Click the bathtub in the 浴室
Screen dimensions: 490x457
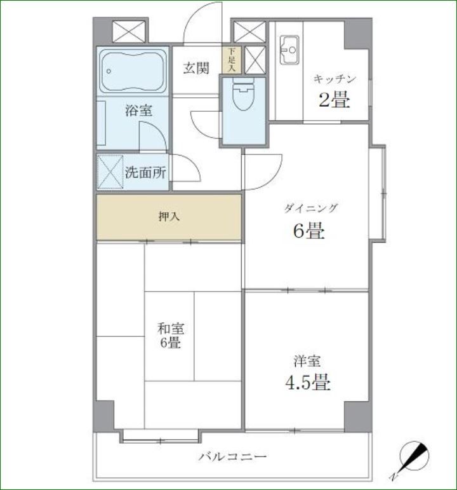tap(133, 69)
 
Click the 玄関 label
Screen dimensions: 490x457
tap(196, 69)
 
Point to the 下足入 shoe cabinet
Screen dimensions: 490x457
tap(231, 60)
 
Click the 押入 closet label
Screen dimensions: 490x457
tap(169, 217)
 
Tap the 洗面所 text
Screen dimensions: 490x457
tap(145, 172)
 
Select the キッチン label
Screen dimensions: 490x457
tap(334, 79)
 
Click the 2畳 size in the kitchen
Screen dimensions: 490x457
tap(334, 100)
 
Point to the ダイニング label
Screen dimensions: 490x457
tap(311, 208)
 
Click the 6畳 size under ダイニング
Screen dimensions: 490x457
tap(308, 231)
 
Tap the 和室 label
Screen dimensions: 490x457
tap(171, 329)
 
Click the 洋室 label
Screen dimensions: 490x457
tap(307, 361)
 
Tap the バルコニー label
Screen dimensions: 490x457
tap(232, 456)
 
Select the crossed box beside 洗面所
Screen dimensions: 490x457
tap(109, 172)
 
